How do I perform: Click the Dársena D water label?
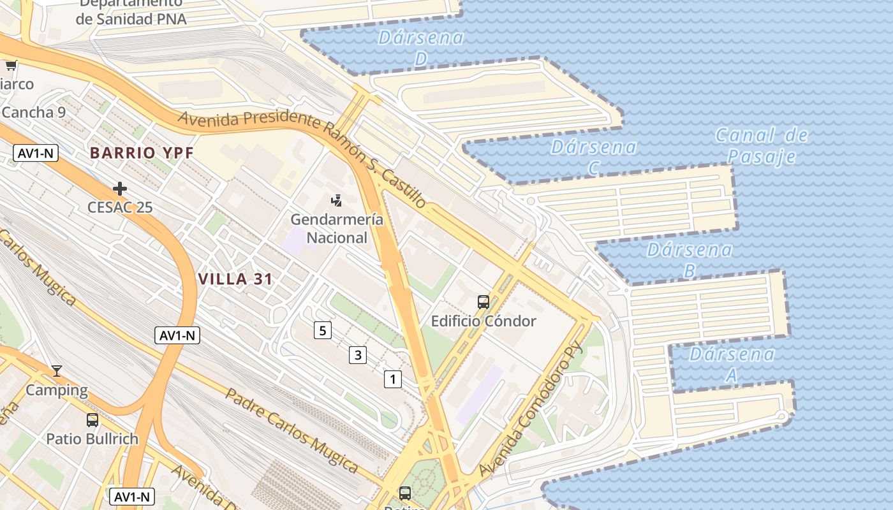[421, 47]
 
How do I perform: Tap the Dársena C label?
[594, 157]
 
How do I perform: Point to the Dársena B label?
[690, 259]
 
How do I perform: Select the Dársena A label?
[732, 364]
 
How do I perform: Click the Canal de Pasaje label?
[762, 145]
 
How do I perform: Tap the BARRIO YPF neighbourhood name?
[142, 153]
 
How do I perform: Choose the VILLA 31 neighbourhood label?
[235, 279]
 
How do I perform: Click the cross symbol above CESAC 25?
[120, 189]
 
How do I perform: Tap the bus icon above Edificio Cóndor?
[483, 302]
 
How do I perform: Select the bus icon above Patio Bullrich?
[92, 420]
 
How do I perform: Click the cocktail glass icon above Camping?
[57, 371]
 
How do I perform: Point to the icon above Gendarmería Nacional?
[337, 201]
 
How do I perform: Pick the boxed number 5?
[323, 330]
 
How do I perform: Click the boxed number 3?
[358, 355]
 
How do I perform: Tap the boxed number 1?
[393, 379]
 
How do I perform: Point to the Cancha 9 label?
[34, 113]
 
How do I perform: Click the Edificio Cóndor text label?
[483, 321]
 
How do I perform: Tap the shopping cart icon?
[11, 65]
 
